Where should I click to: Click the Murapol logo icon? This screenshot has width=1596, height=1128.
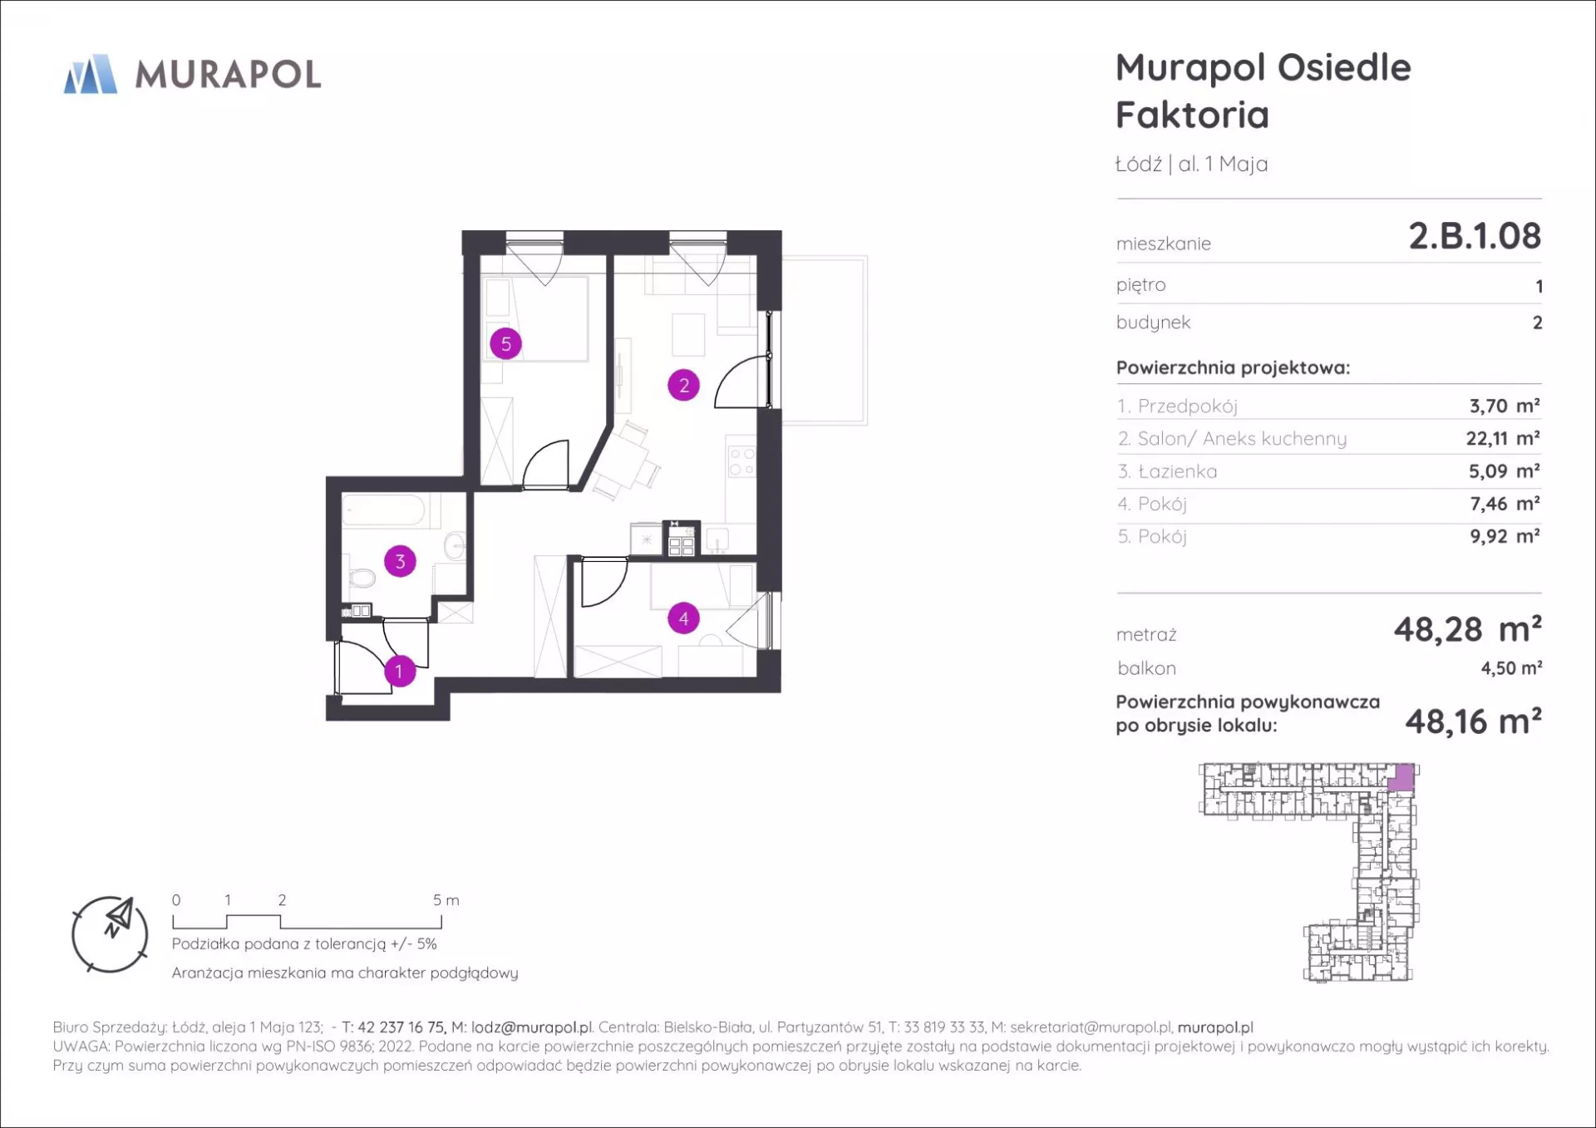coord(91,74)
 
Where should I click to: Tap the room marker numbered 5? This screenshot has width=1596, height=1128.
coord(505,343)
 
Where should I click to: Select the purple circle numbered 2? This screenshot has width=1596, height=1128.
coord(683,385)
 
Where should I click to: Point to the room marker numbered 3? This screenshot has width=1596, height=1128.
coord(400,561)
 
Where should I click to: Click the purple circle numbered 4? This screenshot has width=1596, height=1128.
coord(683,618)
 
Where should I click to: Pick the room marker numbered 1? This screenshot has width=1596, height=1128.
coord(399,671)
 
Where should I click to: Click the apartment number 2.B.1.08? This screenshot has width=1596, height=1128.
coord(1475,236)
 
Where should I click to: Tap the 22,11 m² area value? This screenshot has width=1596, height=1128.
coord(1503,438)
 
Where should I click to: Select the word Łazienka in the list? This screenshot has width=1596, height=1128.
coord(1177,471)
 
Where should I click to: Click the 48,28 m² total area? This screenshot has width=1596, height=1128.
coord(1468,629)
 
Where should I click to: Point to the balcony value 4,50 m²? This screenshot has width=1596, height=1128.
coord(1511,667)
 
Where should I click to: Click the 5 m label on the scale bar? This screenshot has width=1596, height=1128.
coord(446,900)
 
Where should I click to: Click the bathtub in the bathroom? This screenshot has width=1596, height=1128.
coord(386,510)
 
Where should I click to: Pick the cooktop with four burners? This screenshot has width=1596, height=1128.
coord(741,462)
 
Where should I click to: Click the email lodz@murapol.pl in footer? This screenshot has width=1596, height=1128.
coord(532,1027)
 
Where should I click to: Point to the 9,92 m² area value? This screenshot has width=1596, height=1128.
coord(1505,536)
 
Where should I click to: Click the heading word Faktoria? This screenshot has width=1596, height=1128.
coord(1192,115)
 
